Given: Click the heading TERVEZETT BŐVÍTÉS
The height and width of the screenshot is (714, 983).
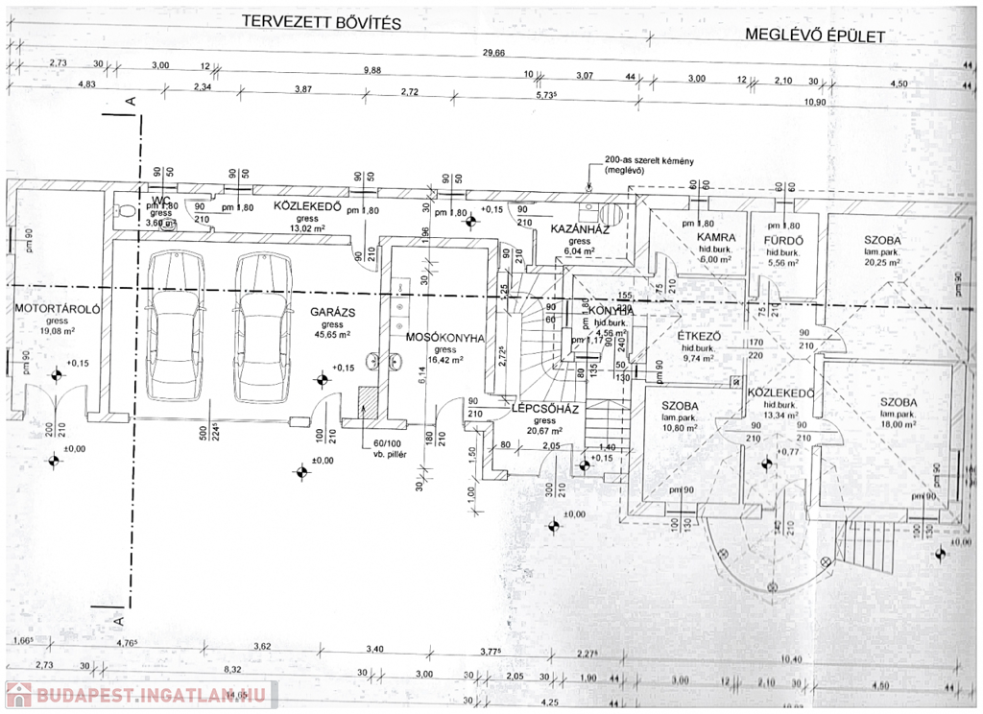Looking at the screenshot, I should [321, 21].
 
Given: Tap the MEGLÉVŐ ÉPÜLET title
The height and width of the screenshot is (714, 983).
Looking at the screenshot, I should [815, 36].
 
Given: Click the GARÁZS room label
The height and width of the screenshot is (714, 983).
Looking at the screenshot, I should [333, 312].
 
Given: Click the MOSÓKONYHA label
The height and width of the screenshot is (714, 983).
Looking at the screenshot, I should [444, 338].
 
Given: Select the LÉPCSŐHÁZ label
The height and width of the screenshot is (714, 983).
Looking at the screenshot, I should [543, 408].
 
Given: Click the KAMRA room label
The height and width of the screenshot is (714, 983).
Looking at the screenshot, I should [716, 237].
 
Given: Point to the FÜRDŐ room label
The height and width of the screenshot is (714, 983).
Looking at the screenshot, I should [782, 238].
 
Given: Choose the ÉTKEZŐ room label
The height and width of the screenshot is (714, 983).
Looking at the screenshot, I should [700, 336].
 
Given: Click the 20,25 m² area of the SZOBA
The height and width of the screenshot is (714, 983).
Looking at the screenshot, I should [880, 261].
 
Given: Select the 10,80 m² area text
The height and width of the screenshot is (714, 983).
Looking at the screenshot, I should [679, 428].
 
